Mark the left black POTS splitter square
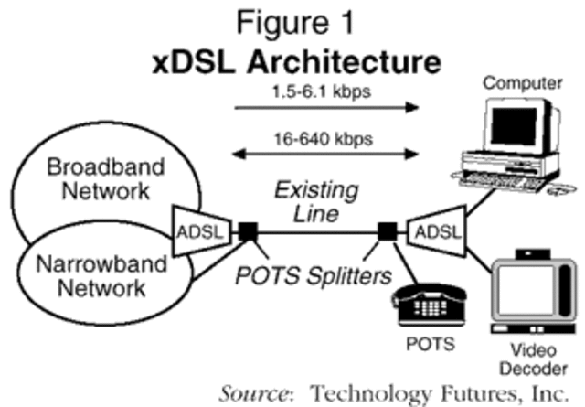pos(248,232)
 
